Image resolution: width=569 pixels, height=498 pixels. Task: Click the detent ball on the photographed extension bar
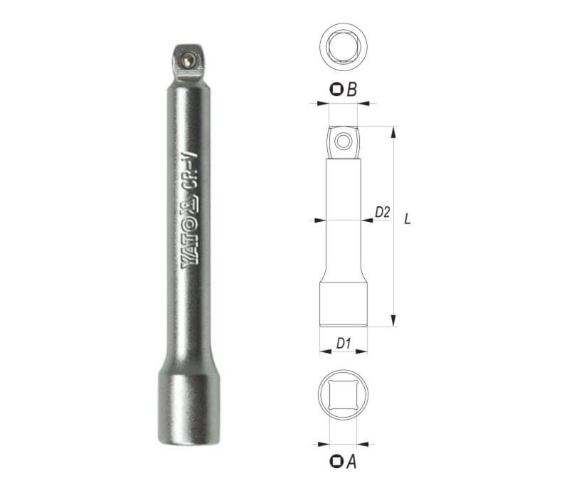pyautogui.click(x=188, y=60)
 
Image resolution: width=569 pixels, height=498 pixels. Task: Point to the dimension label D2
pyautogui.click(x=382, y=212)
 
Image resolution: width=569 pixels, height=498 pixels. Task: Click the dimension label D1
pyautogui.click(x=344, y=343)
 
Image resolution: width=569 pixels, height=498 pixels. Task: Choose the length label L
pyautogui.click(x=407, y=219)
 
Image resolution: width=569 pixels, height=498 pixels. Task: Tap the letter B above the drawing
pyautogui.click(x=351, y=90)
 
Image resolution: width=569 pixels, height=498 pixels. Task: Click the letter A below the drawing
pyautogui.click(x=351, y=462)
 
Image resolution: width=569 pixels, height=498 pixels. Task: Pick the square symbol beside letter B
pyautogui.click(x=336, y=90)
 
